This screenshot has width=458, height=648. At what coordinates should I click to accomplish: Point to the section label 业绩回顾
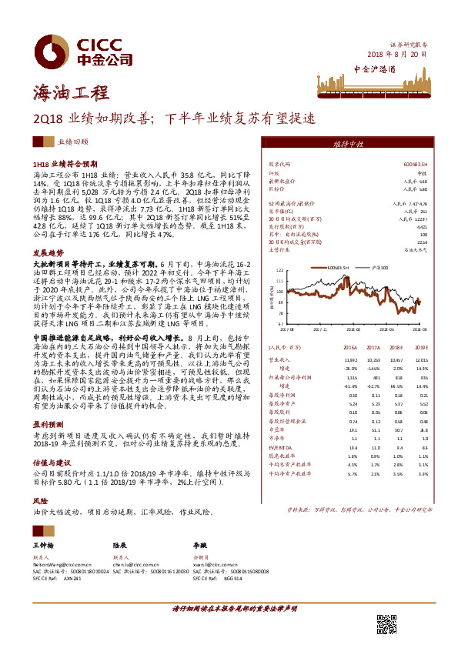(x=73, y=143)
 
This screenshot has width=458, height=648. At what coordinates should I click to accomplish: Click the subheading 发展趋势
(x=48, y=252)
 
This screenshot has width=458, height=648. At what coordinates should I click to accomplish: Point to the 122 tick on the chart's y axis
(x=280, y=270)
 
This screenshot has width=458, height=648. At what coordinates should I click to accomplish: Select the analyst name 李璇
(x=200, y=545)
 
